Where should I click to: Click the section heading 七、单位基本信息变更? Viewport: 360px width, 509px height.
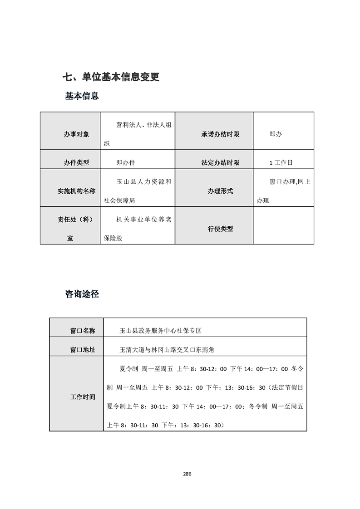click(x=111, y=77)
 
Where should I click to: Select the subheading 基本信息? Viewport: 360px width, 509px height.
click(x=82, y=96)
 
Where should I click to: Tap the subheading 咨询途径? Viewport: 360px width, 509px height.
click(x=82, y=294)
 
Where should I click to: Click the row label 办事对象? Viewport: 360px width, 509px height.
click(x=76, y=134)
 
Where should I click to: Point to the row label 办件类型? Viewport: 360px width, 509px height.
click(x=76, y=162)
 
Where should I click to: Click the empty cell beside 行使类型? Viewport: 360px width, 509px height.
click(x=283, y=225)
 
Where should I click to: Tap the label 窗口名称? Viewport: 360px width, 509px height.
click(x=83, y=331)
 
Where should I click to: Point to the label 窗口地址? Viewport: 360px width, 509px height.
click(x=83, y=350)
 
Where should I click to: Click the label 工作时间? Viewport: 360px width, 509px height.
click(x=83, y=396)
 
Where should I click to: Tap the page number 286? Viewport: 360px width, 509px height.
click(x=187, y=474)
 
